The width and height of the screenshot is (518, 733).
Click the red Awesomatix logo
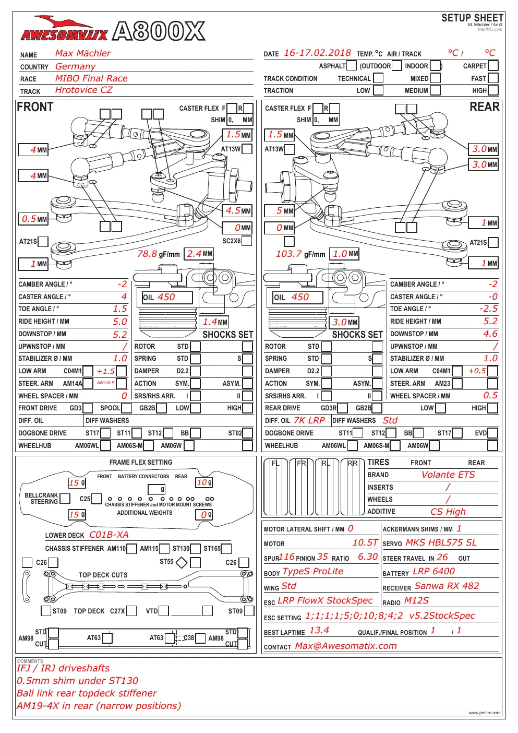click(x=64, y=29)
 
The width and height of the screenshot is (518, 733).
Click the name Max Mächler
click(x=83, y=53)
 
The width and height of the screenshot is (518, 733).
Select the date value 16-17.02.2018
click(x=317, y=53)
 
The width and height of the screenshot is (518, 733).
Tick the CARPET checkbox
click(x=493, y=66)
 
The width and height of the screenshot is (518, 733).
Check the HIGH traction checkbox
click(x=493, y=90)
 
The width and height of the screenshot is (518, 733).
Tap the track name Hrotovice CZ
click(x=83, y=90)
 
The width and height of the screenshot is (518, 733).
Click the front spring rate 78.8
click(x=147, y=254)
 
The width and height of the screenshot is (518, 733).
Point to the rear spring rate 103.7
click(x=288, y=254)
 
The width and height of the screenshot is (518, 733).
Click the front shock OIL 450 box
click(x=167, y=297)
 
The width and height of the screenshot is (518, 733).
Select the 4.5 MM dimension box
click(x=237, y=211)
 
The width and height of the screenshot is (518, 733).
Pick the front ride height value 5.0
click(x=119, y=322)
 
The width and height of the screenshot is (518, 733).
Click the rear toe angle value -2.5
click(x=488, y=309)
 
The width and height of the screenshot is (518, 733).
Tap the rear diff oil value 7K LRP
click(x=309, y=420)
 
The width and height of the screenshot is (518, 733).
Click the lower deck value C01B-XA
click(x=109, y=535)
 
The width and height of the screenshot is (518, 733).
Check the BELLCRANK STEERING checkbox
click(x=65, y=499)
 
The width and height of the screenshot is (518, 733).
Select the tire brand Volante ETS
click(x=448, y=475)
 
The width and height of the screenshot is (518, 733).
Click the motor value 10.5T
click(x=365, y=542)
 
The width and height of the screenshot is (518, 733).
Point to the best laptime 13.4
click(x=319, y=630)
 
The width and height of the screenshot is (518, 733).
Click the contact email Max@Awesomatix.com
click(x=346, y=646)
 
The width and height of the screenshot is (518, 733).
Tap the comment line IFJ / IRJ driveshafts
click(x=63, y=668)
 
